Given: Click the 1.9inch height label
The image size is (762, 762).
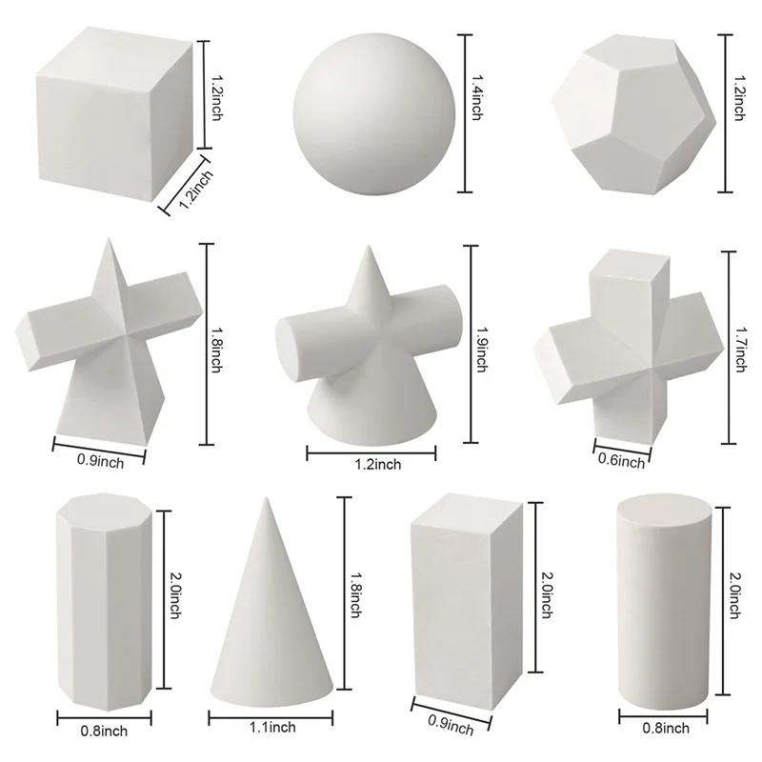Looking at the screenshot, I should tap(480, 343).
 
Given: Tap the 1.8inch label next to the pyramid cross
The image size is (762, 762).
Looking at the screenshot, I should tap(216, 343).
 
